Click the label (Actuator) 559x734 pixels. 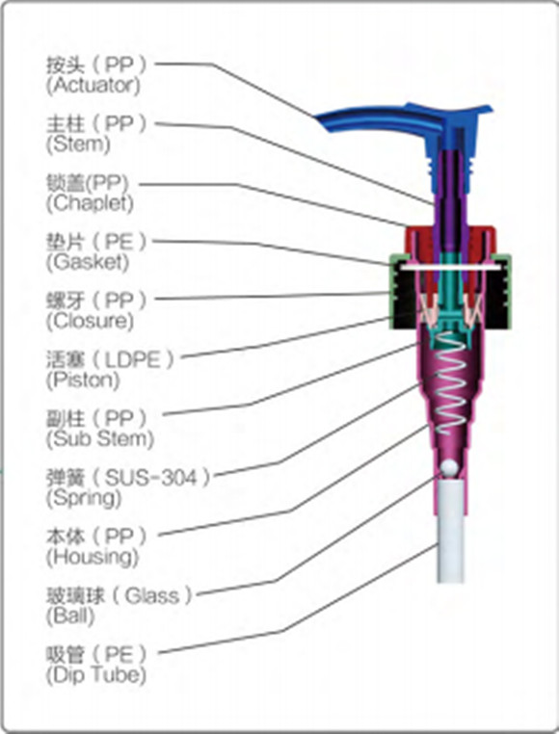click(93, 85)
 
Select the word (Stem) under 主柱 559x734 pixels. click(78, 144)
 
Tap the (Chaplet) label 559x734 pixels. click(90, 203)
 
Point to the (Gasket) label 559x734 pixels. click(87, 262)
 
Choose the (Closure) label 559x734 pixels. click(90, 321)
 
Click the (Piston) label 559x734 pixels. click(83, 380)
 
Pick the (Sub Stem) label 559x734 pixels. click(100, 438)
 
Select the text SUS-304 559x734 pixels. click(150, 478)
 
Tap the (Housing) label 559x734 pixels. click(92, 557)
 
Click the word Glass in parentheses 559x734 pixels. click(152, 596)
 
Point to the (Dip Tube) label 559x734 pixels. click(96, 674)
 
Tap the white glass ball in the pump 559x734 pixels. click(449, 467)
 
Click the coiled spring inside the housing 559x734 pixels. click(450, 383)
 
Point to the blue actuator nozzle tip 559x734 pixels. click(318, 118)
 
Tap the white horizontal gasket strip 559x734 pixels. click(450, 267)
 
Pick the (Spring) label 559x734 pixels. click(84, 498)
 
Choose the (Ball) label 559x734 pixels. click(70, 616)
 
